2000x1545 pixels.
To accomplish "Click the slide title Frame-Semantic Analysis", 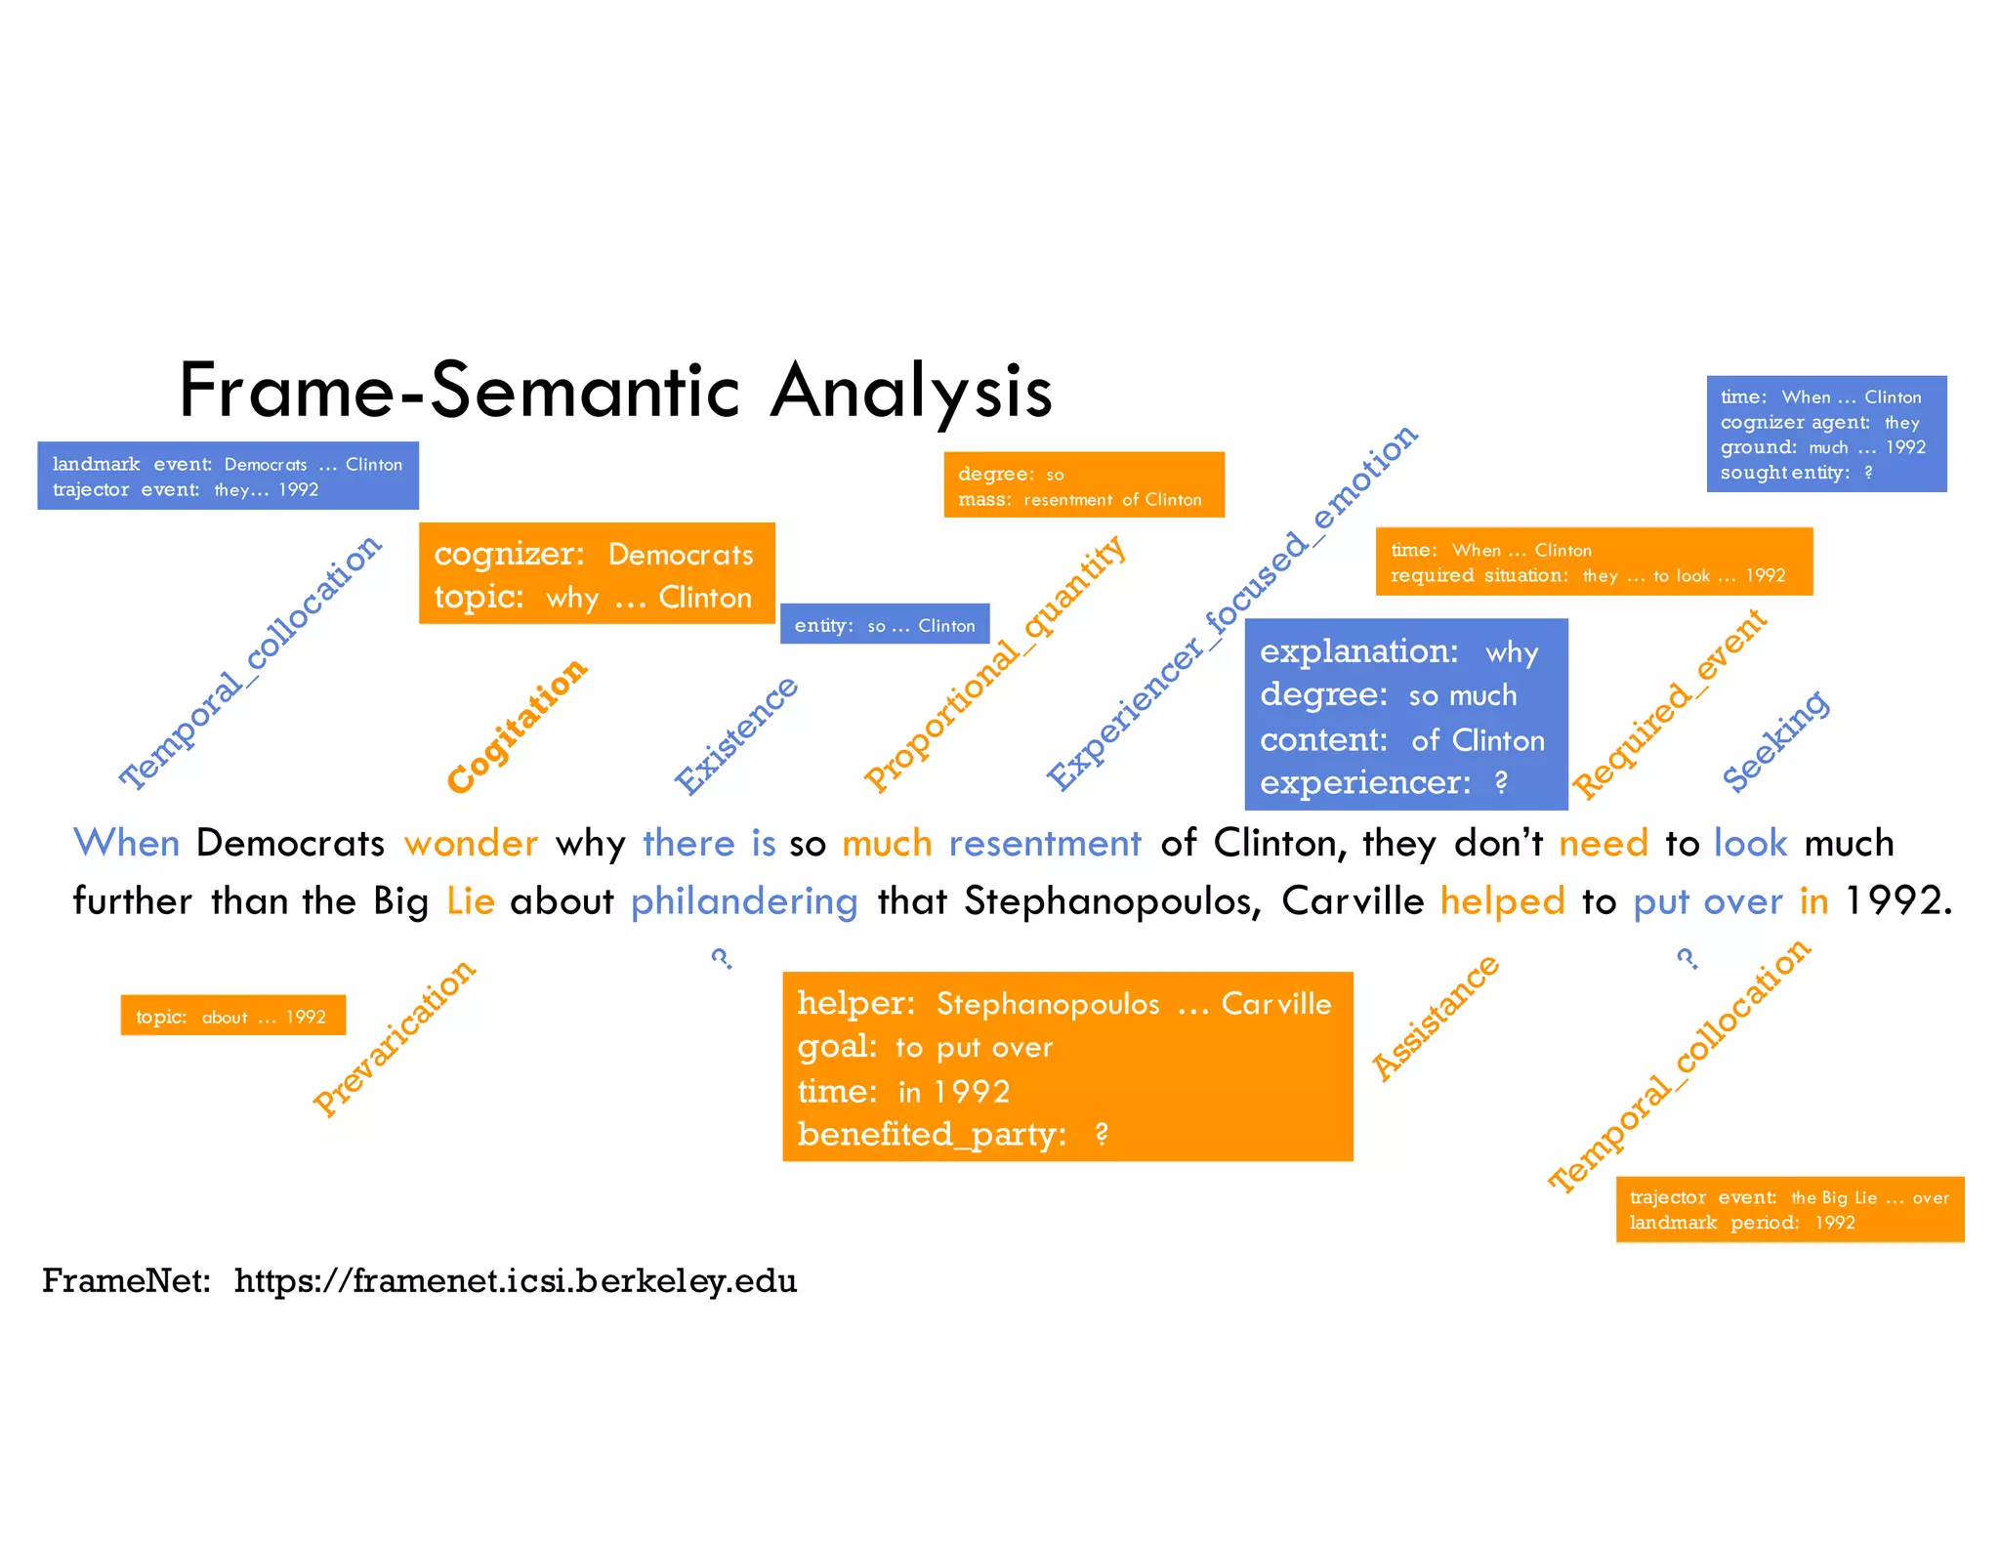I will pyautogui.click(x=615, y=391).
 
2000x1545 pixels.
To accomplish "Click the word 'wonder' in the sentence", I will pyautogui.click(x=471, y=843).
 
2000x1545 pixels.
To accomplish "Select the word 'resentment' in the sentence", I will pyautogui.click(x=1044, y=843).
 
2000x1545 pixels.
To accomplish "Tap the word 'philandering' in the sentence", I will pyautogui.click(x=743, y=901).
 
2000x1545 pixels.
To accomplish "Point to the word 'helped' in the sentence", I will pyautogui.click(x=1502, y=901).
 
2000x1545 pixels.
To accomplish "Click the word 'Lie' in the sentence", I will pyautogui.click(x=471, y=901).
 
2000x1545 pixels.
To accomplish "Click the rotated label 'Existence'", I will pyautogui.click(x=736, y=735).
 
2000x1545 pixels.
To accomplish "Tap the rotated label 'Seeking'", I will pyautogui.click(x=1774, y=741).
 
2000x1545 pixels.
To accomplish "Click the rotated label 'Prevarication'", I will pyautogui.click(x=394, y=1038).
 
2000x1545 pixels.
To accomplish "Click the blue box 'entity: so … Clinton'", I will pyautogui.click(x=884, y=625).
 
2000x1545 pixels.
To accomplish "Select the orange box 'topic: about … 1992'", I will pyautogui.click(x=232, y=1017).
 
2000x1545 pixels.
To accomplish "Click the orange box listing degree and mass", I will pyautogui.click(x=1083, y=485).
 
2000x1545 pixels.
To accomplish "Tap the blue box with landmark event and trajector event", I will pyautogui.click(x=228, y=477).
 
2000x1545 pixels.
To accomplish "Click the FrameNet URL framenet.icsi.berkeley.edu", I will pyautogui.click(x=516, y=1280).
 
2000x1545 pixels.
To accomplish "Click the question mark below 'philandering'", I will pyautogui.click(x=722, y=958).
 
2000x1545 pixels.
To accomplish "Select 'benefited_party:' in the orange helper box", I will pyautogui.click(x=932, y=1135).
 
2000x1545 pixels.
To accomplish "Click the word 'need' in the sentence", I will pyautogui.click(x=1603, y=843).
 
